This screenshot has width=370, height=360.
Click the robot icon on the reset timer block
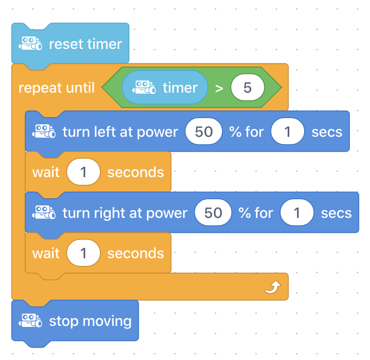(x=30, y=43)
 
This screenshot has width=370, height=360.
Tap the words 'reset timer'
(x=86, y=44)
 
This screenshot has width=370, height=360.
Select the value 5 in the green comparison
(x=247, y=87)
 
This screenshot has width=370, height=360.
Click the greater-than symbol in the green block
(x=219, y=88)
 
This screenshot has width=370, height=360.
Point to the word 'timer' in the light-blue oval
(x=180, y=88)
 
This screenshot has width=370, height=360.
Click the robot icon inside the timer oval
(x=144, y=87)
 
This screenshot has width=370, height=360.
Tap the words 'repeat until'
(x=57, y=88)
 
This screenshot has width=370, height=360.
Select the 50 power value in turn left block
(x=204, y=132)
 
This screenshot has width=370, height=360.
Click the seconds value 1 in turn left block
(x=287, y=132)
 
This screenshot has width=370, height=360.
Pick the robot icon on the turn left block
(x=44, y=131)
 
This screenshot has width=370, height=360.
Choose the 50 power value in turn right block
(x=213, y=213)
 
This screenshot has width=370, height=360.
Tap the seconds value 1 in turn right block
(x=297, y=213)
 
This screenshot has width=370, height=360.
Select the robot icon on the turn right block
(x=44, y=212)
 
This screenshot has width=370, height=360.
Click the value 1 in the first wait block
(x=83, y=172)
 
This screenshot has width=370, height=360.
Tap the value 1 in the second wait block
(x=83, y=253)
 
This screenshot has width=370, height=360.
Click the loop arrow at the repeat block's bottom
(x=273, y=287)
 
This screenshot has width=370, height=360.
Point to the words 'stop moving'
(x=90, y=321)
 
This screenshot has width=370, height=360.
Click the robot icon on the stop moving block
(x=30, y=320)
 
